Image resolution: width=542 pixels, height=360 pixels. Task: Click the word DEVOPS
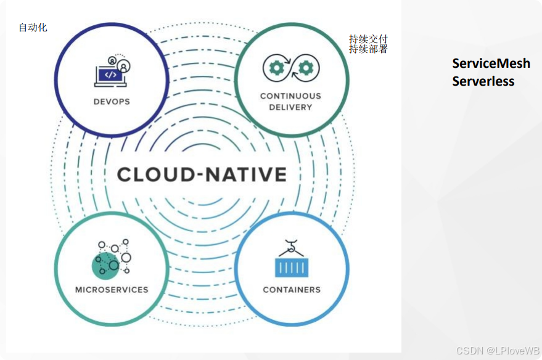click(112, 101)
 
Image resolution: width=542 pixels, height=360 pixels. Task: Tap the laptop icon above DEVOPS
click(110, 76)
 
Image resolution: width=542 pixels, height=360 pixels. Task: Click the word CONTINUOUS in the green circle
click(290, 96)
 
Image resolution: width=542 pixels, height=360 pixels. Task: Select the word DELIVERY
click(290, 107)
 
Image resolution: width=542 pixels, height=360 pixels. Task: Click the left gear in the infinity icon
click(276, 66)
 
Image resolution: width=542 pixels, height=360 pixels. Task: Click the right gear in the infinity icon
click(306, 66)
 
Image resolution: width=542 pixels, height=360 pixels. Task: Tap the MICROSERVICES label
click(112, 289)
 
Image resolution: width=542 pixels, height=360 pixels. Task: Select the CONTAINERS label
click(292, 289)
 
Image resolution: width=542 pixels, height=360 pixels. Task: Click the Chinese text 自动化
click(33, 27)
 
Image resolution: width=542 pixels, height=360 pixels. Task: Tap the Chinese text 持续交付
click(368, 39)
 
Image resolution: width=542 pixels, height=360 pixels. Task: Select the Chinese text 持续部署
click(368, 49)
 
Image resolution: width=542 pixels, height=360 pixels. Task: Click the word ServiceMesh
click(491, 63)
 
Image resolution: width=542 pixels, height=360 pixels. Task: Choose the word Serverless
click(483, 81)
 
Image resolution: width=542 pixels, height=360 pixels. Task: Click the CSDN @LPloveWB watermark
click(498, 350)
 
